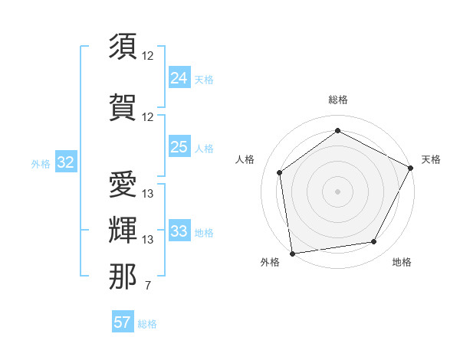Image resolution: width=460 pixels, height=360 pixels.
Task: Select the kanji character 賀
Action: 123,106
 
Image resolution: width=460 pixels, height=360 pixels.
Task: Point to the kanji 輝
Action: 123,228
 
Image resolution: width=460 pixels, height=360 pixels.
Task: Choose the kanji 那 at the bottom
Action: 123,276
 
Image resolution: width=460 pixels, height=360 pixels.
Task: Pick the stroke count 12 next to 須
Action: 148,56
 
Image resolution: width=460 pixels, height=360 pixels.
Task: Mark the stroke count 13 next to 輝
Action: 148,240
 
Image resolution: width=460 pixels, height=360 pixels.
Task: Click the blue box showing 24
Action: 179,77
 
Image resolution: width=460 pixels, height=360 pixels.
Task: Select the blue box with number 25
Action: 179,147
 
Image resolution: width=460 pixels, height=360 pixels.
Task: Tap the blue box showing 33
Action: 179,231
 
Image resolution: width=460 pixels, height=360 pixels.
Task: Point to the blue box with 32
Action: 66,162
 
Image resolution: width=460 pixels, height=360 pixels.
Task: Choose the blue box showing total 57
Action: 123,322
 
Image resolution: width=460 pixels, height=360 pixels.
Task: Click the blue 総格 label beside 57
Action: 147,324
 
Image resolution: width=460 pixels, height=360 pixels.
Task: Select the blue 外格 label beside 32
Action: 41,164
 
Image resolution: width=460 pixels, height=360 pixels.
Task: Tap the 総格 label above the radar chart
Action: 337,100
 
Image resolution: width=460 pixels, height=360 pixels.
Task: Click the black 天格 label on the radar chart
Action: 431,159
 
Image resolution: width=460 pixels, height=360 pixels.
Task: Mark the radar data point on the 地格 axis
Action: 374,241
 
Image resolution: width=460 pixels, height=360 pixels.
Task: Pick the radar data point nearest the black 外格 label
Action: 292,253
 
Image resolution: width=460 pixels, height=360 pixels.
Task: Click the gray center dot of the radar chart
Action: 337,191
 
